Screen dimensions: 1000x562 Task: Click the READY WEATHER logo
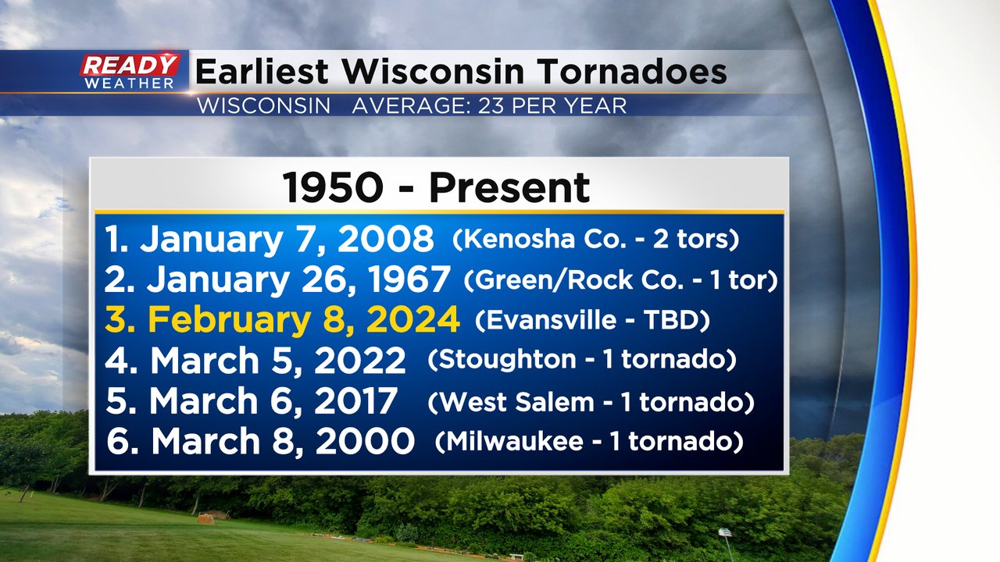pos(130,71)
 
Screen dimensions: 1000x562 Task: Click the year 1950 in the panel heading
pos(333,188)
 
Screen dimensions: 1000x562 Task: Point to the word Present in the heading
pos(509,188)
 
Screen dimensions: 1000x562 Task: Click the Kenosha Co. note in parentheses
pos(595,239)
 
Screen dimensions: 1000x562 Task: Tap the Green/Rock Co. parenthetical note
pos(620,280)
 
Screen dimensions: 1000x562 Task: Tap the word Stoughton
pos(507,360)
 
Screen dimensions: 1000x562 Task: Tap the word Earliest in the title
pos(262,71)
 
